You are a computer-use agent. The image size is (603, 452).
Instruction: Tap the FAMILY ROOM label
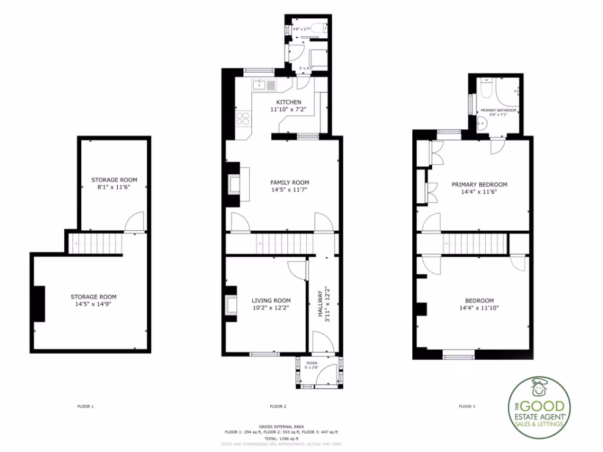pos(290,182)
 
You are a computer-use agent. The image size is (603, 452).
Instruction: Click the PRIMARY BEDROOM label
pos(479,184)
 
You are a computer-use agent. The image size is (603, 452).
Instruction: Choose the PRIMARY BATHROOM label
pos(498,111)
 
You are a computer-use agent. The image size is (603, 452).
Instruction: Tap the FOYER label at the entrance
pos(312,363)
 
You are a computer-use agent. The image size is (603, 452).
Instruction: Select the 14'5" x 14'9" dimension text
pos(94,304)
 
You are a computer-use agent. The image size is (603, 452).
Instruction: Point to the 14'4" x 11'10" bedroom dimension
pos(479,308)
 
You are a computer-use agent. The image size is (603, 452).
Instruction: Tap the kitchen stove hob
pos(243,120)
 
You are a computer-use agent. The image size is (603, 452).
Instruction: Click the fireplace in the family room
pos(234,184)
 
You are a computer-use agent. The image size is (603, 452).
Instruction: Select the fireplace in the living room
pos(231,305)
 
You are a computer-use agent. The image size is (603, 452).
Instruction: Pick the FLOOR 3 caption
pos(467,406)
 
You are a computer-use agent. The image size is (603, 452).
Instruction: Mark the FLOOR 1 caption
pos(85,406)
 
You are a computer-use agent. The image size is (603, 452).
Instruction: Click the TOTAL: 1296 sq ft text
pos(281,438)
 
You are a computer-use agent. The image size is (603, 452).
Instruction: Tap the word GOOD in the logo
pos(545,406)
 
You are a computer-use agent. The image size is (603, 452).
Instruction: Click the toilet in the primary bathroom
pos(486,89)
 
